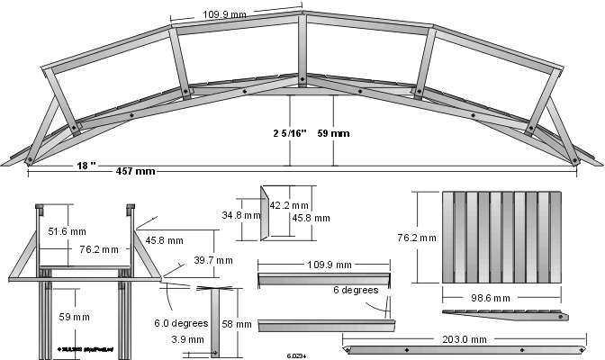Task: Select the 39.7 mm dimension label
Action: [x=212, y=260]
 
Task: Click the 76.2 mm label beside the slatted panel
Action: [x=417, y=238]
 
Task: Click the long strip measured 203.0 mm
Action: [x=466, y=349]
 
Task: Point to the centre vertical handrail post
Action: [x=302, y=50]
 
